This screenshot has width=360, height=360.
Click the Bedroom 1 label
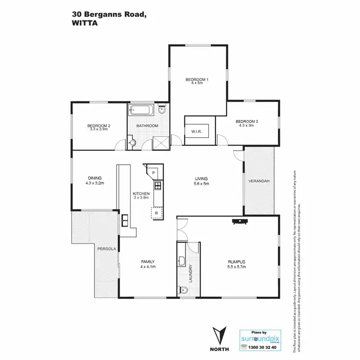tap(197, 79)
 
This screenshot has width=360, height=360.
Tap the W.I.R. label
tap(196, 131)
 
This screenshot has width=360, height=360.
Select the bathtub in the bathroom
tap(142, 110)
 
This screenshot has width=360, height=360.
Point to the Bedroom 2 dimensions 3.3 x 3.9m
tap(99, 129)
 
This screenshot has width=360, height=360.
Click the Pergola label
tap(105, 249)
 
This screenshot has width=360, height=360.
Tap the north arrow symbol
tap(220, 334)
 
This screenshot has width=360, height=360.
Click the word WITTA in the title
tap(84, 22)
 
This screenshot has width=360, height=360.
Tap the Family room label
tap(148, 262)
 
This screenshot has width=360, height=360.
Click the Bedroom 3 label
tap(247, 121)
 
